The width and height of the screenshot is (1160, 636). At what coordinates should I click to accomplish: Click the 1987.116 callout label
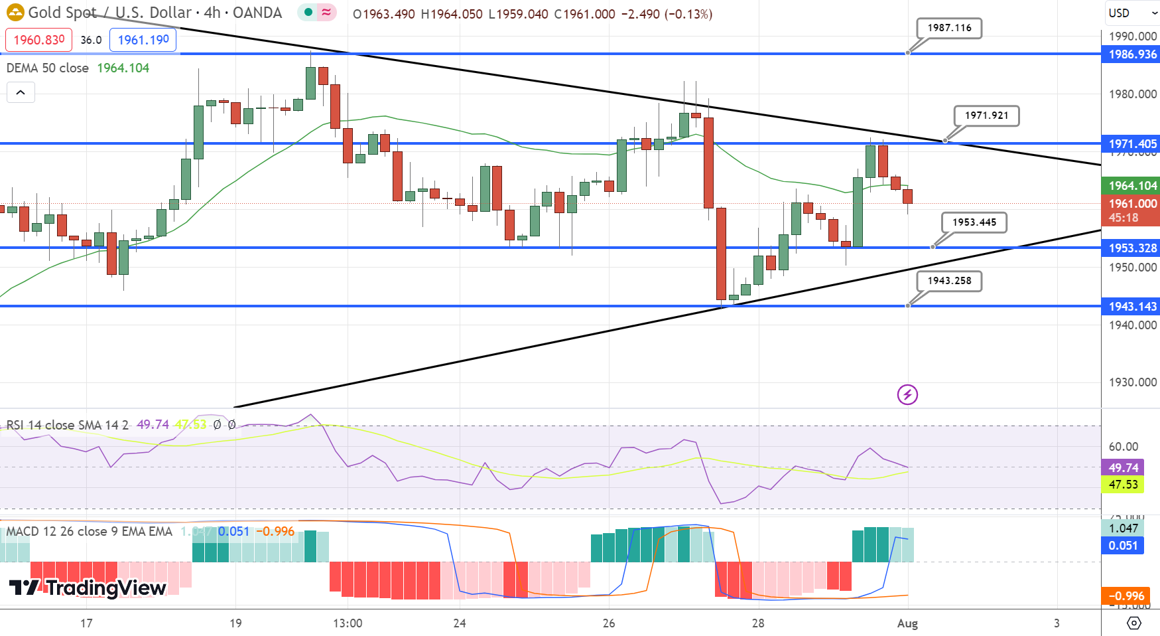[x=949, y=28]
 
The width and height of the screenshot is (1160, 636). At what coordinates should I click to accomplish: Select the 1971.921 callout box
[x=986, y=116]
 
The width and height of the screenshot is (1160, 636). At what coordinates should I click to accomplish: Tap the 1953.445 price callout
[x=974, y=222]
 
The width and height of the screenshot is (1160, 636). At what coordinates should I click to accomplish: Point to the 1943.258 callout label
[x=949, y=281]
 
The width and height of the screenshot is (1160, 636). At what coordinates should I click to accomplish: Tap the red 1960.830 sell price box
[x=39, y=40]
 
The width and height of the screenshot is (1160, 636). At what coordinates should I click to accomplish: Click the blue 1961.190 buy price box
[x=143, y=40]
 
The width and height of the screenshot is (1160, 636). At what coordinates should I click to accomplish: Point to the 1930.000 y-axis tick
[x=1132, y=382]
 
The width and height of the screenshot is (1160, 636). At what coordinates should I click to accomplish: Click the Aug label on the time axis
[x=907, y=623]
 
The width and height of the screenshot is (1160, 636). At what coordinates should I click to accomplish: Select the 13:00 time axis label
[x=348, y=623]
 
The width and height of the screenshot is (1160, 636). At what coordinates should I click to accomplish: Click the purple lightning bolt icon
[x=907, y=395]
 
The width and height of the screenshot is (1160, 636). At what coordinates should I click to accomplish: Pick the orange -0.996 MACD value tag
[x=1126, y=596]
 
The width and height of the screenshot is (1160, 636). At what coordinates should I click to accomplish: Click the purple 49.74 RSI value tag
[x=1123, y=468]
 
